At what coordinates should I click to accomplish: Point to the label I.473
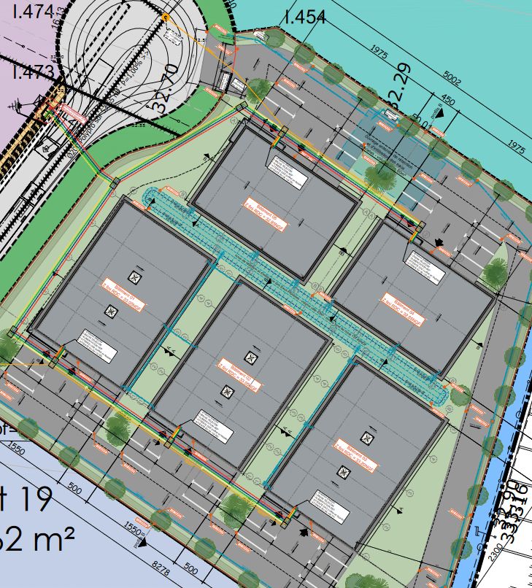32,71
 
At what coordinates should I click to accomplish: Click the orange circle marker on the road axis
166,17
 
